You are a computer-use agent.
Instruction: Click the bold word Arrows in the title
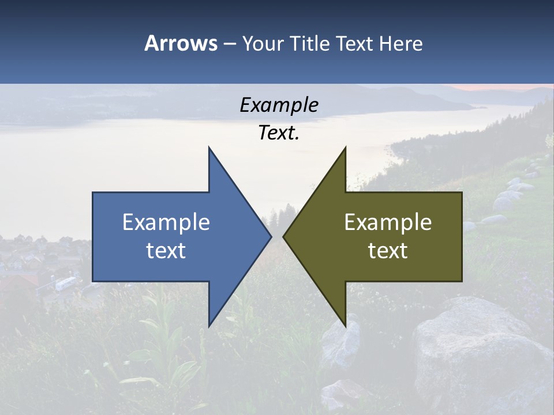(x=181, y=43)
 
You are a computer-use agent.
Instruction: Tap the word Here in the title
(x=400, y=43)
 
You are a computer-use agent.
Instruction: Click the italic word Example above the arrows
(x=279, y=105)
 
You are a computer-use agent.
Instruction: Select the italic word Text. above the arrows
(x=279, y=133)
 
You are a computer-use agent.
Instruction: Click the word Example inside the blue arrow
(x=166, y=222)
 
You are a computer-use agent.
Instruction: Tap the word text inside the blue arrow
(x=166, y=251)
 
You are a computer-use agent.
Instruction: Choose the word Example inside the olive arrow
(x=388, y=222)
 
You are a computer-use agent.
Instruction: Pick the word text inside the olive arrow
(x=388, y=251)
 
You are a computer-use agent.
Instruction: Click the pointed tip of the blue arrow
(x=271, y=236)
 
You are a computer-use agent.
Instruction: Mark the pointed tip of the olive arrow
(x=283, y=236)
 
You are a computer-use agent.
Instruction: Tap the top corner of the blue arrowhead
(x=209, y=148)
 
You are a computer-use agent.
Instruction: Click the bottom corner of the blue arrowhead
(x=209, y=326)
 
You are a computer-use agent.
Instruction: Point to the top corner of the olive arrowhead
(x=345, y=148)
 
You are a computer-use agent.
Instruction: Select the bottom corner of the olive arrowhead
(x=345, y=326)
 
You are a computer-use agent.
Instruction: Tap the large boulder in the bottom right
(x=473, y=352)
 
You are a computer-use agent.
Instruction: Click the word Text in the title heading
(x=355, y=43)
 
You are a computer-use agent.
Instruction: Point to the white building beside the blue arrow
(x=65, y=283)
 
